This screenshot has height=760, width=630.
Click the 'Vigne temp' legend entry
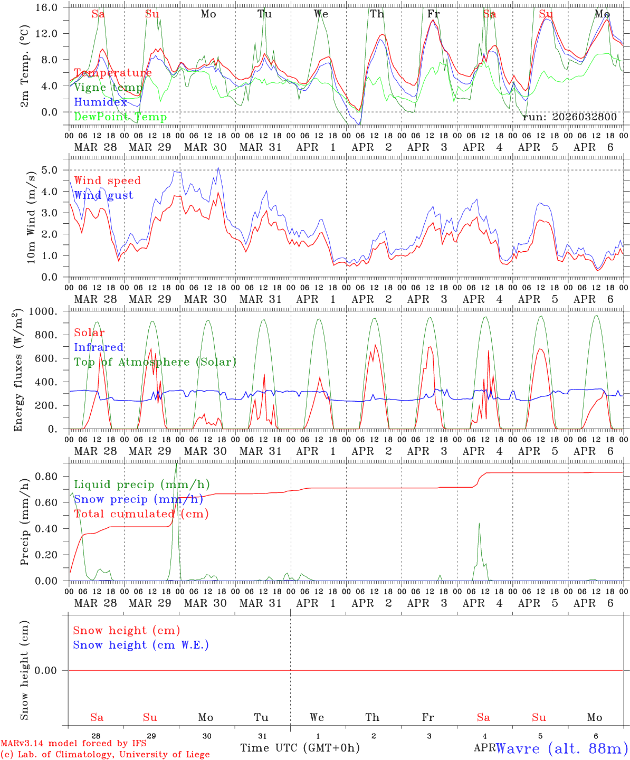coord(108,88)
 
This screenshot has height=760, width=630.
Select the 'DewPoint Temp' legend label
coord(120,117)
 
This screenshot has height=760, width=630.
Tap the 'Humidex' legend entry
coord(101,102)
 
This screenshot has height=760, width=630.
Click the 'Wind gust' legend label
coord(103,195)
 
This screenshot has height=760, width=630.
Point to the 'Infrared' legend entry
coord(99,347)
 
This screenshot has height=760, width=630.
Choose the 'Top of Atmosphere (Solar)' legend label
coord(155,362)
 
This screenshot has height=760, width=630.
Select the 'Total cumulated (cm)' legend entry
coord(141,514)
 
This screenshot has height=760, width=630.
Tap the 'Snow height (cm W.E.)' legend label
coord(141,645)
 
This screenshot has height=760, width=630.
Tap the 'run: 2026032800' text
coord(569,117)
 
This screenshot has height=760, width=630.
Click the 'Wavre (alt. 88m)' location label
coord(562,748)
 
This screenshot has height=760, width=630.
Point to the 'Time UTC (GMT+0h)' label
coord(300,748)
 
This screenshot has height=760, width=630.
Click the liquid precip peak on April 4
coord(479,524)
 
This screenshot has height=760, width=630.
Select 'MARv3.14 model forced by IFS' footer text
coord(73,744)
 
